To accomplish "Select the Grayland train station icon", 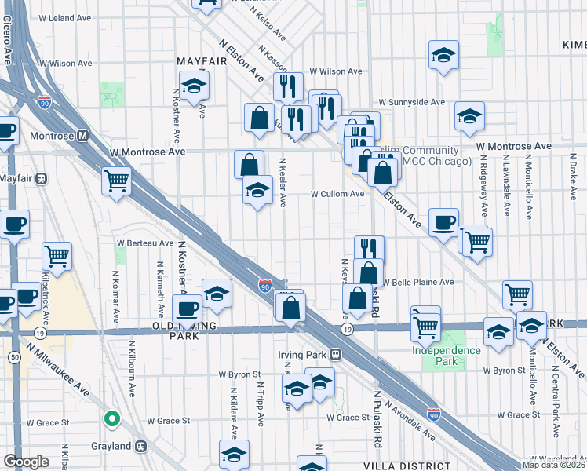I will (x=141, y=446).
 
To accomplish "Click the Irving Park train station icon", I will (x=335, y=354).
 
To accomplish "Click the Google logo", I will (x=26, y=462).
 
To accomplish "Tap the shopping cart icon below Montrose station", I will (x=116, y=181).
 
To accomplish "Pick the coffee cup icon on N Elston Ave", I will (x=443, y=223).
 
